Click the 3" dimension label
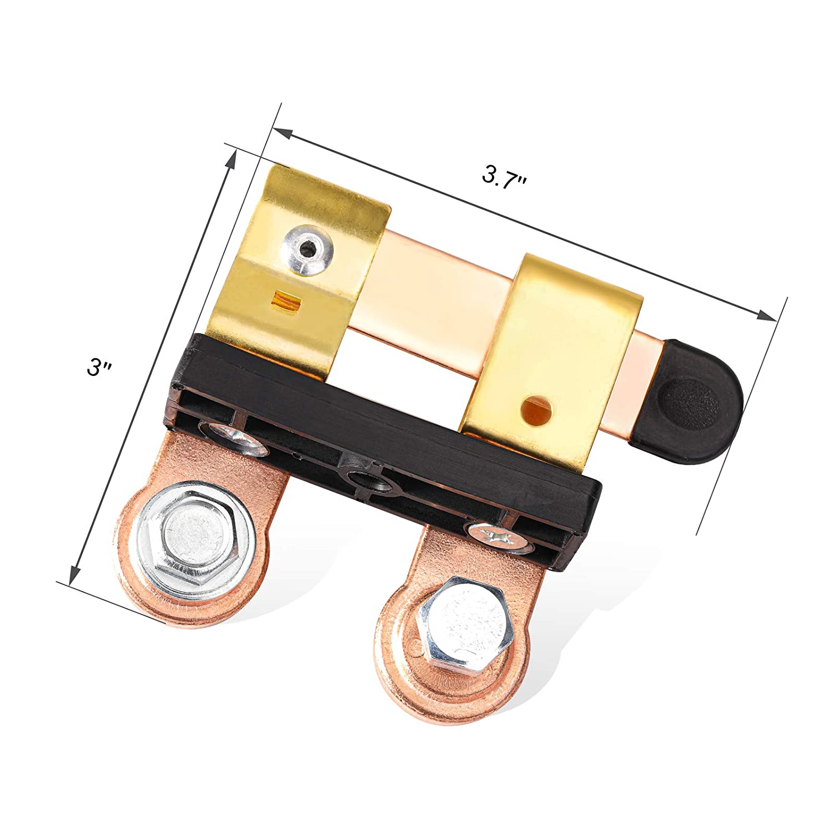point(101,368)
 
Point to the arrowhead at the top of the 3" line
point(231,162)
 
